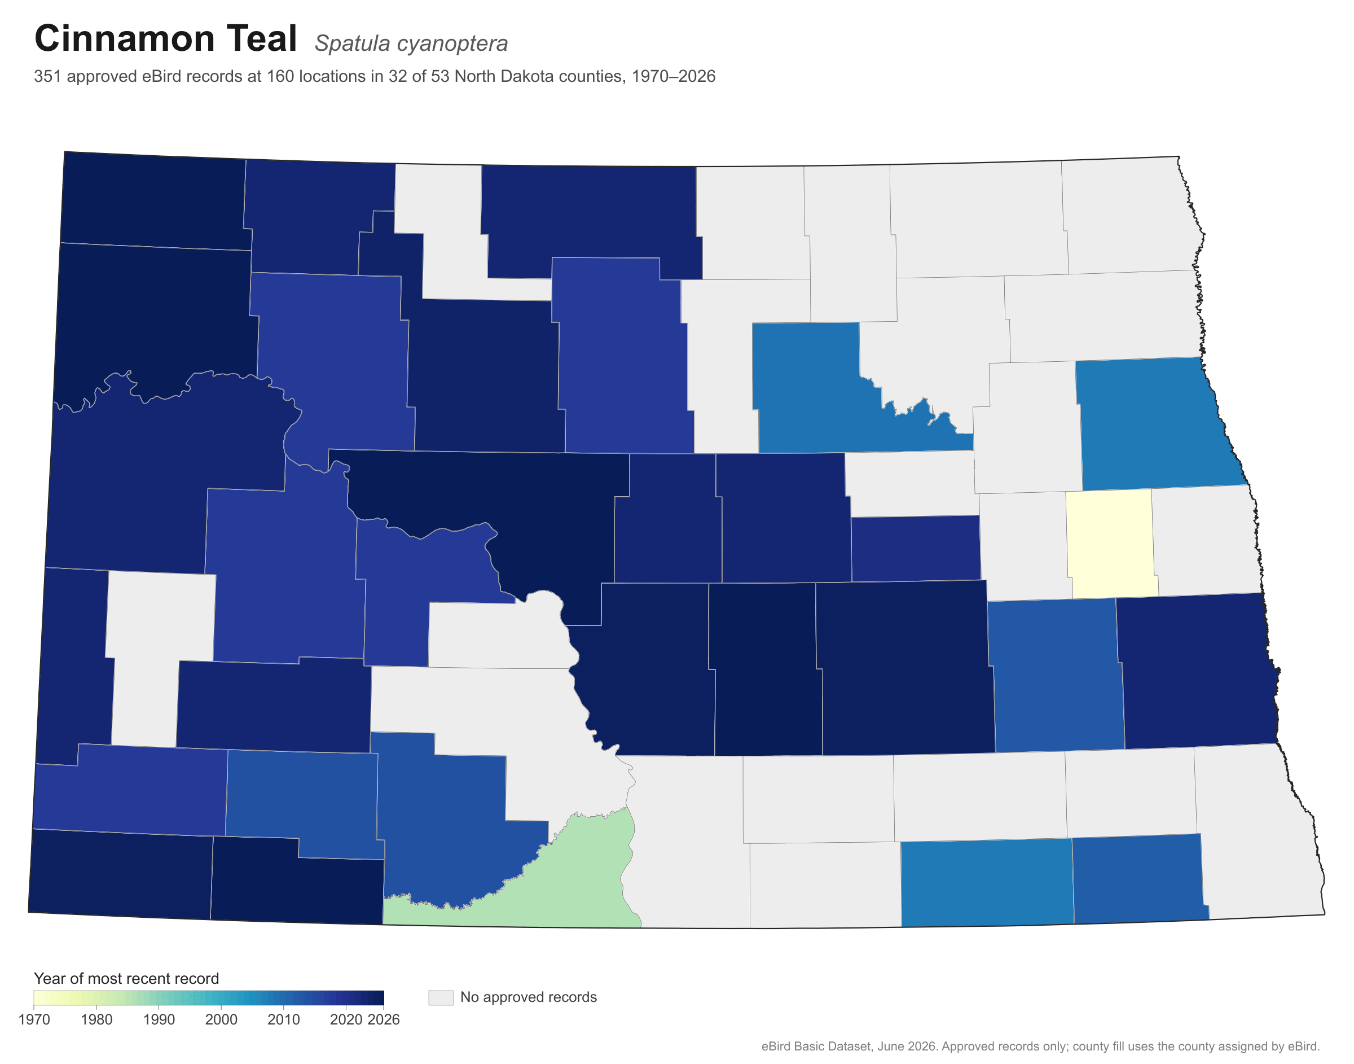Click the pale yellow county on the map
coord(1112,544)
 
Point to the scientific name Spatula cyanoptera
coord(411,43)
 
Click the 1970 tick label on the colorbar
coord(34,1020)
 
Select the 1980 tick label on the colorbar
coord(96,1020)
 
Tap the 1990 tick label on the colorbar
coord(159,1020)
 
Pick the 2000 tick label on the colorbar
coord(221,1020)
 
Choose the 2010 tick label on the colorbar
coord(283,1020)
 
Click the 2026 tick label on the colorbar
coord(384,1020)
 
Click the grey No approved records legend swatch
coord(441,997)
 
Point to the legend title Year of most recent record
coord(126,979)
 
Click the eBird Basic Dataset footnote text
coord(1040,1047)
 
